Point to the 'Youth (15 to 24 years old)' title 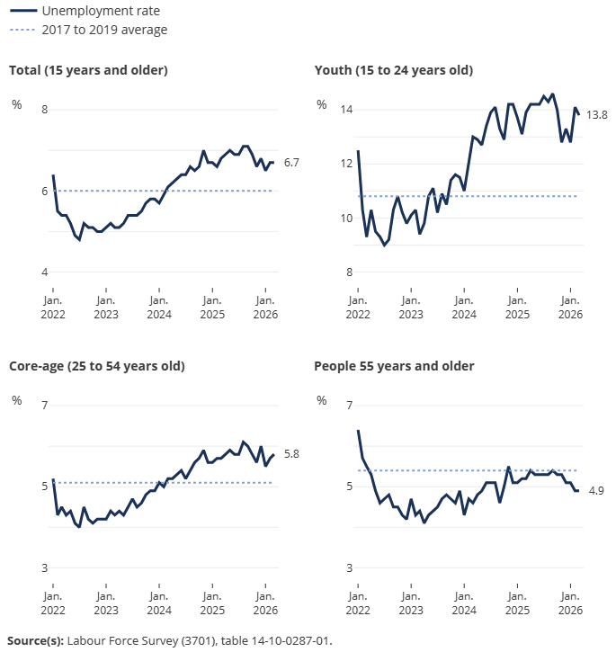393,70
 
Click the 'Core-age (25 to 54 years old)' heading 96,366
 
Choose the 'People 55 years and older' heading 394,366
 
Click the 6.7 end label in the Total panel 291,163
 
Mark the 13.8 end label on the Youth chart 597,115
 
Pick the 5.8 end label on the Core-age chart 291,454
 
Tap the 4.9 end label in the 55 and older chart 595,490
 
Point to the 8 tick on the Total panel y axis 45,110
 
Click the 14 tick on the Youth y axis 346,110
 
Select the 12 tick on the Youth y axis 346,164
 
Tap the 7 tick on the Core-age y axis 45,406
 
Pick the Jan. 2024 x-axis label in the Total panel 159,308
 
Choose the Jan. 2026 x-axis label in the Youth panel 570,308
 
